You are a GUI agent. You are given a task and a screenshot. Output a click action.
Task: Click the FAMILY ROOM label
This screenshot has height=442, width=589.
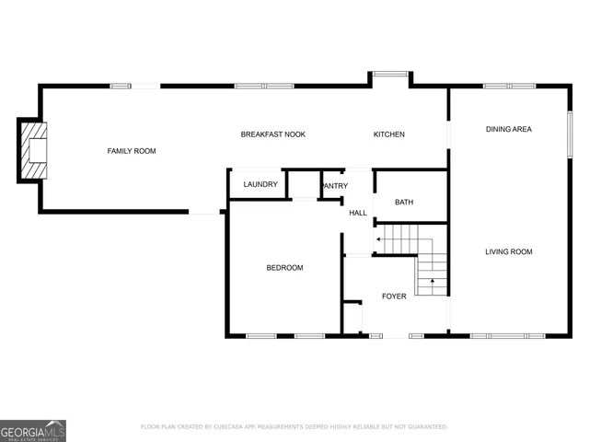[x=132, y=150]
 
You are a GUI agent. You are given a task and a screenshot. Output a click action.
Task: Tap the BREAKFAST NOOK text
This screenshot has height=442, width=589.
[x=272, y=134]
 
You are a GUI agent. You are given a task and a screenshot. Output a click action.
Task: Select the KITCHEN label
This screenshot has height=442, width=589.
[x=388, y=134]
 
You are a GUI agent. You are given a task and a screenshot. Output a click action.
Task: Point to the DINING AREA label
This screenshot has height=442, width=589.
[x=508, y=129]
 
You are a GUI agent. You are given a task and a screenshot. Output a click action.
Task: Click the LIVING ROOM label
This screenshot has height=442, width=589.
[x=509, y=251]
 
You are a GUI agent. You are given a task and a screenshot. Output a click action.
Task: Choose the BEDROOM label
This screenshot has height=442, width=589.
[x=284, y=268]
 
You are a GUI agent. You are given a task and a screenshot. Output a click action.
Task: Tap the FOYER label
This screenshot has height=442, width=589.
[x=394, y=297]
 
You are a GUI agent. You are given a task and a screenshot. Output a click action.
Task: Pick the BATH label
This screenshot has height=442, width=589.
[x=404, y=203]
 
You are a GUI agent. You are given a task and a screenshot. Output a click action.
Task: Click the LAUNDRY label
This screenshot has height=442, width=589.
[x=260, y=184]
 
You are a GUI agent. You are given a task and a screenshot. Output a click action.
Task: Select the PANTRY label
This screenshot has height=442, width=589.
[x=335, y=186]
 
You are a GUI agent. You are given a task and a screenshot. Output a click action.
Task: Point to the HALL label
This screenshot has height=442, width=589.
[x=358, y=213]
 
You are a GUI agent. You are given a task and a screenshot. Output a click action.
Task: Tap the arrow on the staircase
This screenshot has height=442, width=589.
[x=379, y=239]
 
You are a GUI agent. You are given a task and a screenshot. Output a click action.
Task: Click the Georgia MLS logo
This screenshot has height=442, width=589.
[x=33, y=430]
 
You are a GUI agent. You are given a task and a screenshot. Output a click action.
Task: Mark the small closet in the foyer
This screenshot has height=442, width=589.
[x=352, y=316]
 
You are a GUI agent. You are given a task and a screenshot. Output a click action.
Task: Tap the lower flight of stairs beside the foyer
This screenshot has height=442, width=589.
[x=431, y=276]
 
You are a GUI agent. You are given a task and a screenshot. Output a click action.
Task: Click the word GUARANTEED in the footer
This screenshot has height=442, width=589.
[x=426, y=427]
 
